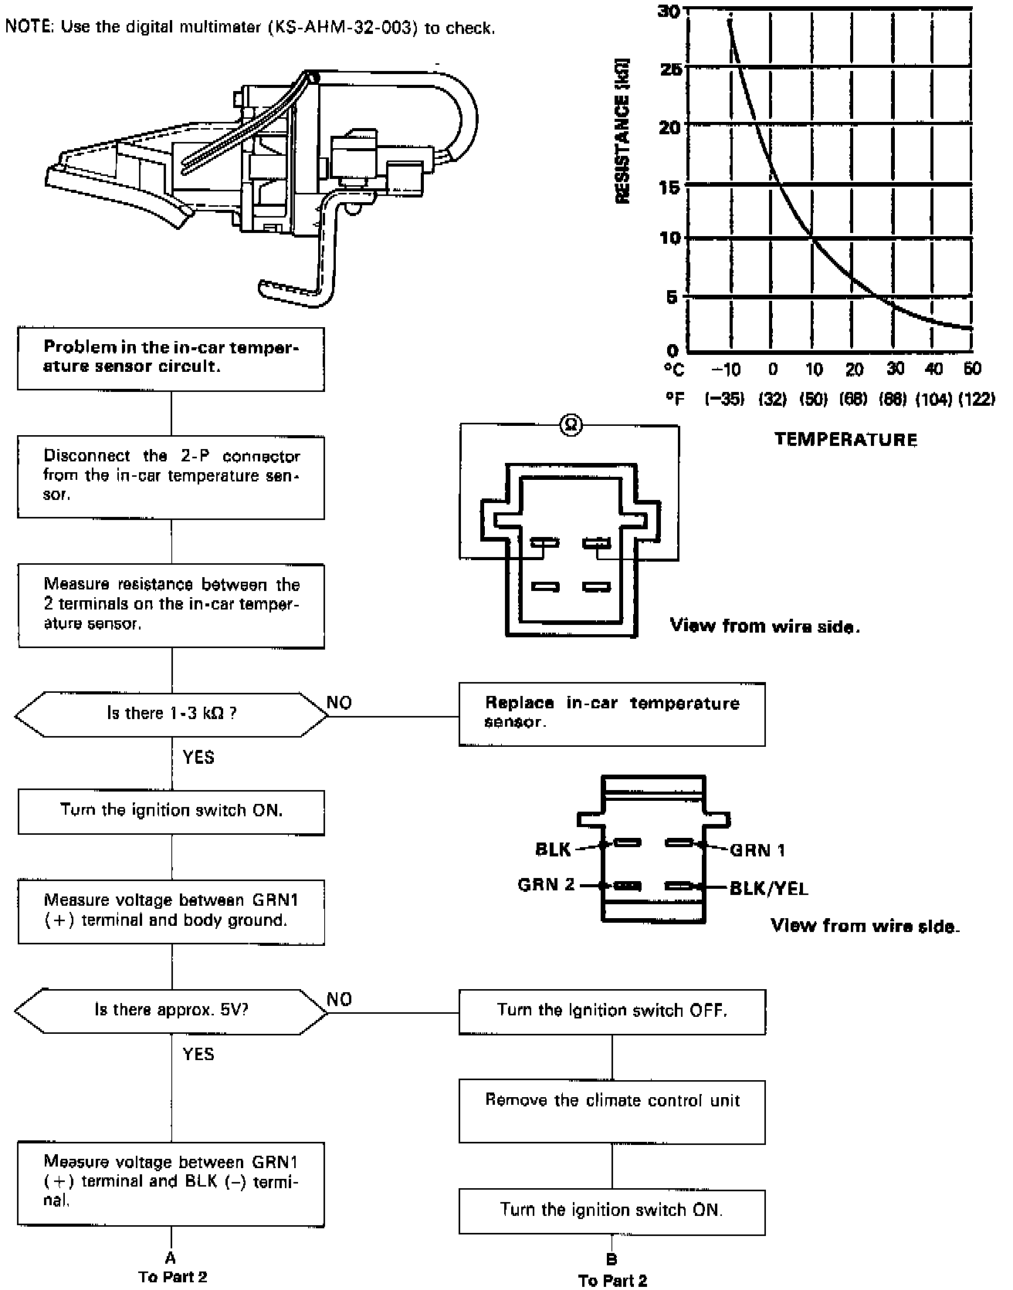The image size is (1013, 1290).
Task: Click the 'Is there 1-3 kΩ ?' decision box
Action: click(x=171, y=714)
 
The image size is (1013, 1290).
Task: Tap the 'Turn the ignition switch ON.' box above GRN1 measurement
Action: click(x=171, y=811)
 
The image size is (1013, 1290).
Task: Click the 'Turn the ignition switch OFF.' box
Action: click(x=612, y=1011)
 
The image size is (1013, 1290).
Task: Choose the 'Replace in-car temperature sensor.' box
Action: click(x=612, y=713)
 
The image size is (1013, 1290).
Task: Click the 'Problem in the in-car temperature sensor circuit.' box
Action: click(x=171, y=358)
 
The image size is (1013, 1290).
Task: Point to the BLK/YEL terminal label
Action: click(x=769, y=889)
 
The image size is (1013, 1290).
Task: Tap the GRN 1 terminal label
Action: click(x=757, y=850)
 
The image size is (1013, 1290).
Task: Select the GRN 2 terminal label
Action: click(x=547, y=884)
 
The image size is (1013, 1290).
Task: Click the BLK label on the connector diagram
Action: click(x=553, y=849)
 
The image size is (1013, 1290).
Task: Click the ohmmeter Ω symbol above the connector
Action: click(x=571, y=424)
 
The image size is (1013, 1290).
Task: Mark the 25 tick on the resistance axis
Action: click(x=670, y=68)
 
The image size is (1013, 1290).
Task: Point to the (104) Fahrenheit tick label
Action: click(x=934, y=400)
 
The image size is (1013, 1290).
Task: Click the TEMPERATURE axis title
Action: click(x=846, y=440)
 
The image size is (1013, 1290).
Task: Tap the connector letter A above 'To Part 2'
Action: click(x=171, y=1256)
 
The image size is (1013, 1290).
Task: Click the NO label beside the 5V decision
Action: click(x=339, y=999)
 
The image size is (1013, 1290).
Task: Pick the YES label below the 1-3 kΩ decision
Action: click(x=198, y=757)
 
